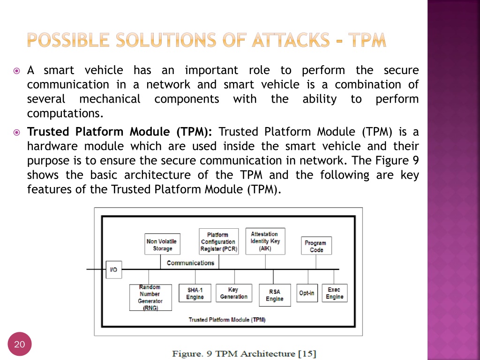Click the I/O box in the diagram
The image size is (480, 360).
(x=114, y=270)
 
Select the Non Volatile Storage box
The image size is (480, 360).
(x=162, y=244)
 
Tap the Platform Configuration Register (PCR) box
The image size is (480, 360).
(x=218, y=241)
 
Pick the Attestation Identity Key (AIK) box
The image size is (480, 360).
(x=265, y=241)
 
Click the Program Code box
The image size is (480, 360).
(x=316, y=246)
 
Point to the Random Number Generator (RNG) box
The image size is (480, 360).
(x=150, y=297)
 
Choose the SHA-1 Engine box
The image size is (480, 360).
(x=195, y=293)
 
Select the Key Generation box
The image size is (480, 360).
(x=234, y=293)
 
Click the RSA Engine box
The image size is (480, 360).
(x=275, y=295)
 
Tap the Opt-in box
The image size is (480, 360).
(x=307, y=293)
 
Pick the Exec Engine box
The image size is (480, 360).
(x=335, y=293)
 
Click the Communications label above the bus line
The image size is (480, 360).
(x=190, y=263)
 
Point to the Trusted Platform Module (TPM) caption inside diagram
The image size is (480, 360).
(x=227, y=320)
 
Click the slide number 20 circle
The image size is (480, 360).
(x=20, y=344)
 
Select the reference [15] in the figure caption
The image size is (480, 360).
(x=307, y=354)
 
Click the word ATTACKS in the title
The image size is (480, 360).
(x=291, y=40)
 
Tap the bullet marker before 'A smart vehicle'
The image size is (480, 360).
(x=16, y=71)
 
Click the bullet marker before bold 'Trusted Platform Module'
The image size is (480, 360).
(x=16, y=133)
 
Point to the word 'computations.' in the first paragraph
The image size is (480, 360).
(x=65, y=113)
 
